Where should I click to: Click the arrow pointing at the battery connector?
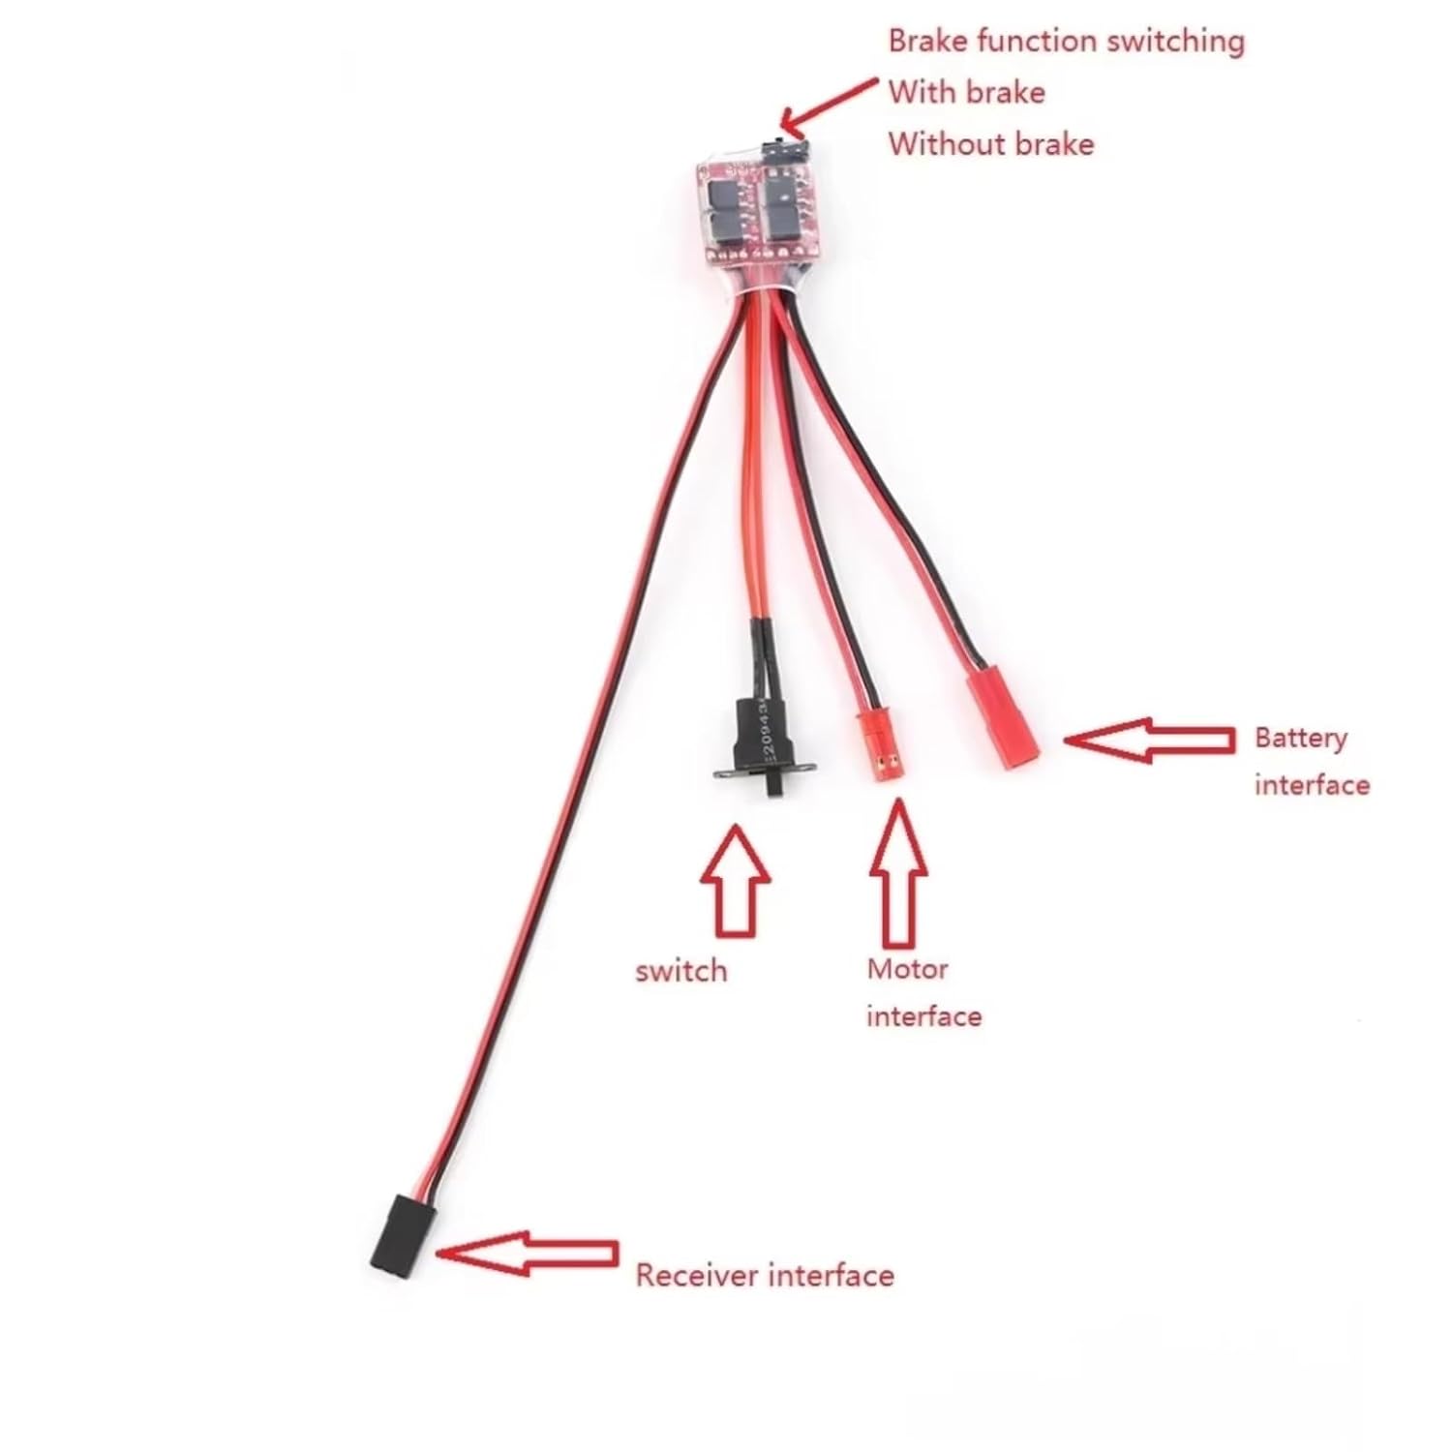1149,741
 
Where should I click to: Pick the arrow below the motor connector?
898,872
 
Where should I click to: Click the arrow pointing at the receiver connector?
527,1254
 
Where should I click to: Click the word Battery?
1300,739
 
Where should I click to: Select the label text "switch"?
681,971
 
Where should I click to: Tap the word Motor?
907,969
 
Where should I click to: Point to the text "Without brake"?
991,144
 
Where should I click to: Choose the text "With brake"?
967,93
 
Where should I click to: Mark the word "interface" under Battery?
1312,784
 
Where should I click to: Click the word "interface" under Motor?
923,1016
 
